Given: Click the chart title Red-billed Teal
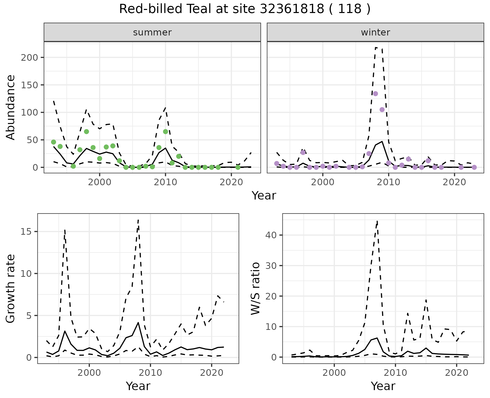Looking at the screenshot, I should coord(244,9).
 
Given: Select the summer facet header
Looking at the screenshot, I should coord(152,32).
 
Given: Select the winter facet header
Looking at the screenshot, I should coord(375,32).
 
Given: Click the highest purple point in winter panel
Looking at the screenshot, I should coord(375,94).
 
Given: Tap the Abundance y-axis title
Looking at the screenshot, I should coord(11,107).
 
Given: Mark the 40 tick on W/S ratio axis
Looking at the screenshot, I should coord(271,235).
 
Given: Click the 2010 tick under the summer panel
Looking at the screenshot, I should coord(165,182).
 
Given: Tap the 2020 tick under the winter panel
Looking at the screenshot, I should coord(454,182).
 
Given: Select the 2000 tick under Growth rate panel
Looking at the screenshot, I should coord(89,373).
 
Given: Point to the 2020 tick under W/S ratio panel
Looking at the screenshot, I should coord(457,373).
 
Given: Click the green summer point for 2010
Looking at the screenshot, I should coord(165,132).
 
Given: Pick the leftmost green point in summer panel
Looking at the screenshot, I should coord(54,142).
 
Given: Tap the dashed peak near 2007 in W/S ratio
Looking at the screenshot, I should coord(377,221).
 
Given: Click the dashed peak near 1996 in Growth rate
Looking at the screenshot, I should coord(65,230).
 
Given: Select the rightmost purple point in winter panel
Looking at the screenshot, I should coord(474,167).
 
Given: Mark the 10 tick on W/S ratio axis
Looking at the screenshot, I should coord(271,327).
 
